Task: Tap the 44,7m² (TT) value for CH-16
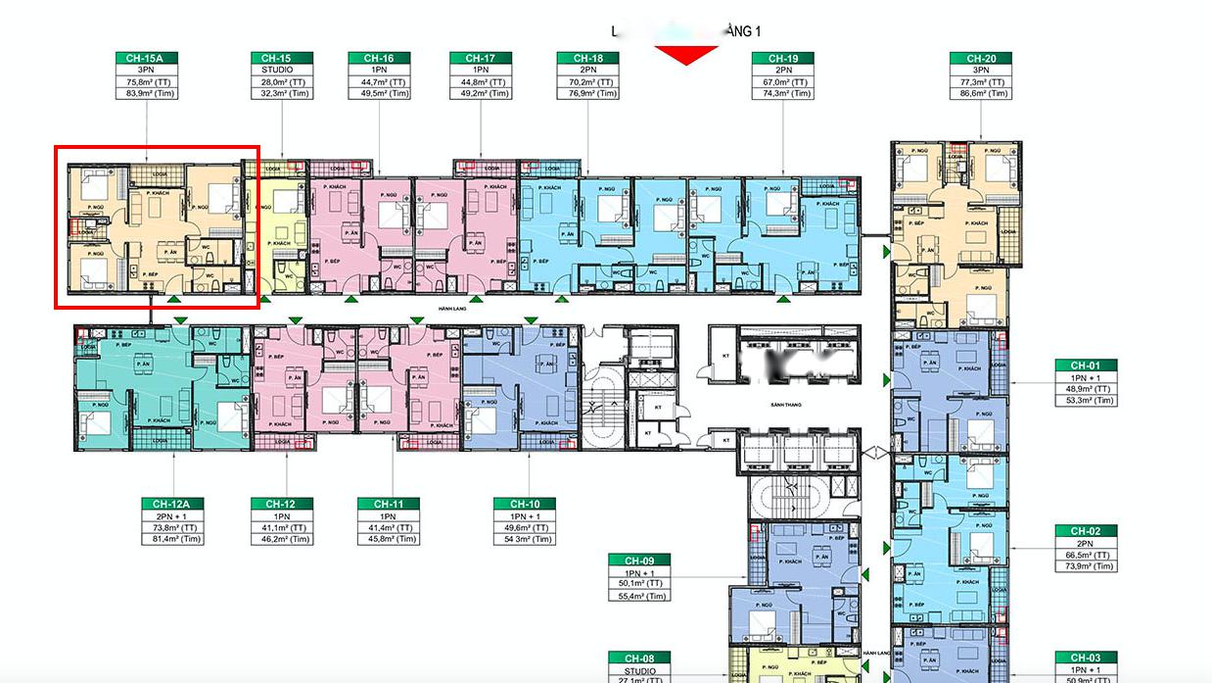(379, 82)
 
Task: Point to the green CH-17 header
(481, 59)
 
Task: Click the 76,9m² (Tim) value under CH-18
(588, 94)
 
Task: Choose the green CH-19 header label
(783, 59)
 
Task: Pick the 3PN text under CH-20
(981, 71)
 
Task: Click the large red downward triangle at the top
(686, 55)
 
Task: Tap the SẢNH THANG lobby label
(786, 404)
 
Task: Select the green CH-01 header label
(1086, 366)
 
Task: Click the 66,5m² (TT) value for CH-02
(1086, 555)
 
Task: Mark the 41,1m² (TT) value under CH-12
(282, 527)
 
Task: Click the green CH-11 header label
(389, 504)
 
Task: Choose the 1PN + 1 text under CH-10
(525, 515)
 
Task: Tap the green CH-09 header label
(639, 561)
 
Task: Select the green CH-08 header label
(639, 658)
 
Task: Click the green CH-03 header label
(1086, 658)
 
